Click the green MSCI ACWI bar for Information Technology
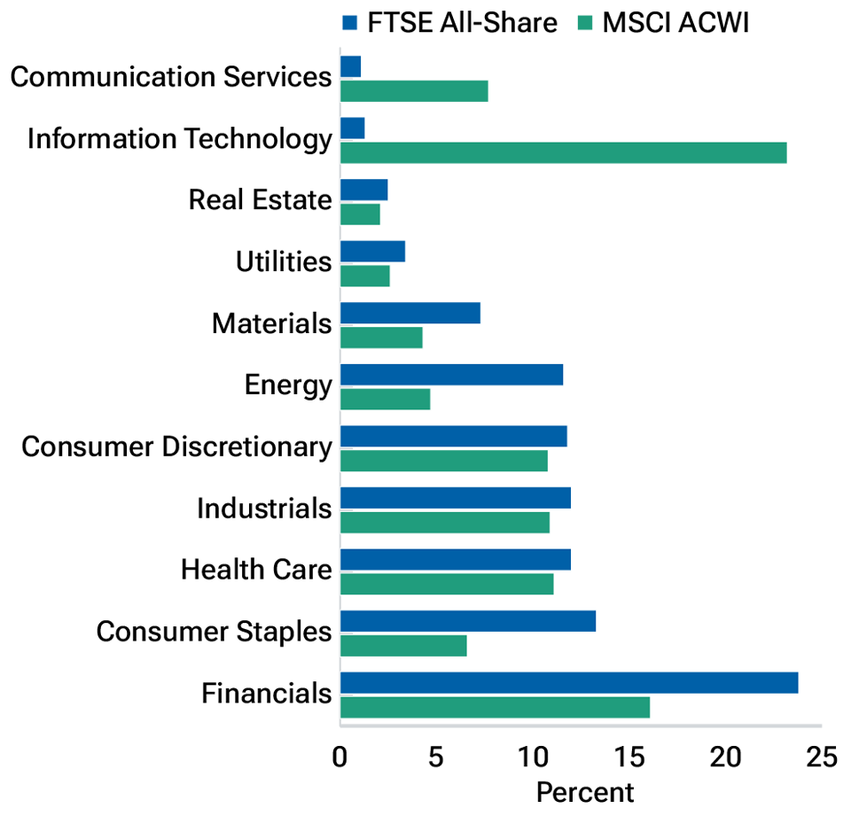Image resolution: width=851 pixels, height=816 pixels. point(563,152)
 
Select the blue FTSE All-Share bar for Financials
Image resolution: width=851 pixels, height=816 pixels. point(568,682)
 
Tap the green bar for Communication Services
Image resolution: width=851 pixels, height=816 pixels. point(414,91)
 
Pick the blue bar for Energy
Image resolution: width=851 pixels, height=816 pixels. point(451,375)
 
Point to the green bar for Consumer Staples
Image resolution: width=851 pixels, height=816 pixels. point(403,646)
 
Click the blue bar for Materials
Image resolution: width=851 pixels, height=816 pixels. point(410,313)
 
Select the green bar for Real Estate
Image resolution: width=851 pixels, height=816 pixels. point(360,214)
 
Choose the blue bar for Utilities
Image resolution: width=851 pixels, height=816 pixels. point(372,251)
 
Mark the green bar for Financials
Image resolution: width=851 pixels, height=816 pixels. point(495,707)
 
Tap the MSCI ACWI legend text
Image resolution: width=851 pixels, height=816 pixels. point(675,22)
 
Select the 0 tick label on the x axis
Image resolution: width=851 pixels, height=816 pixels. point(340,758)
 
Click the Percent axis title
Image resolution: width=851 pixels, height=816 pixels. point(585,792)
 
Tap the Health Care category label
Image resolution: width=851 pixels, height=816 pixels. point(256,570)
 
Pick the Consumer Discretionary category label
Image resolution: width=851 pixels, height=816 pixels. point(176,447)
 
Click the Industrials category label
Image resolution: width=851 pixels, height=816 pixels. point(264,509)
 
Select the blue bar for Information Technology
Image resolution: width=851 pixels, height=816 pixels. point(352,128)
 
